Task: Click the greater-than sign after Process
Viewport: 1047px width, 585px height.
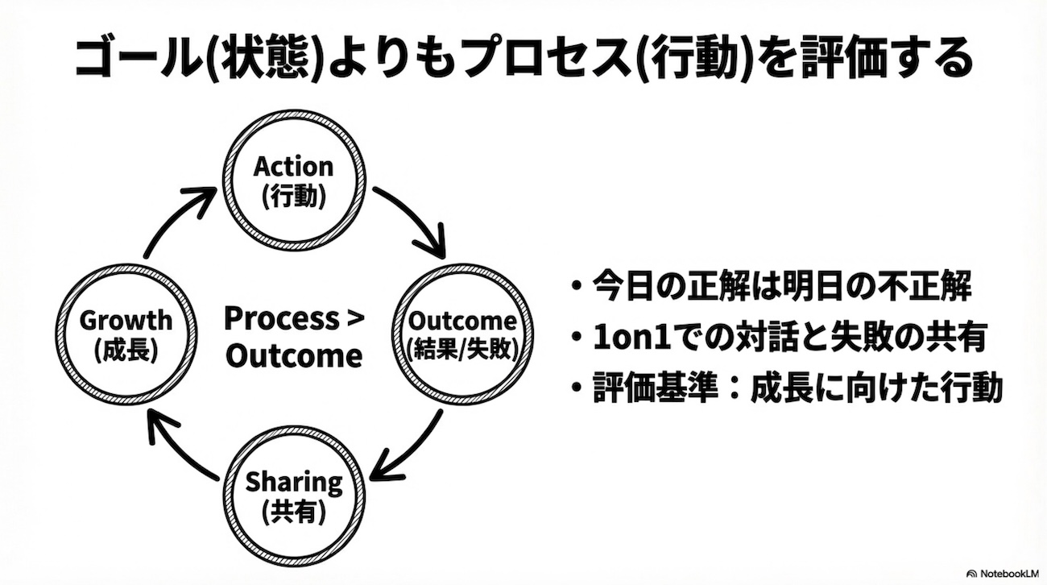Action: tap(355, 319)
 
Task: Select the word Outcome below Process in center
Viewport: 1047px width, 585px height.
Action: tap(294, 355)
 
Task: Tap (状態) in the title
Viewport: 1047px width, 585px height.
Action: tap(266, 58)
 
